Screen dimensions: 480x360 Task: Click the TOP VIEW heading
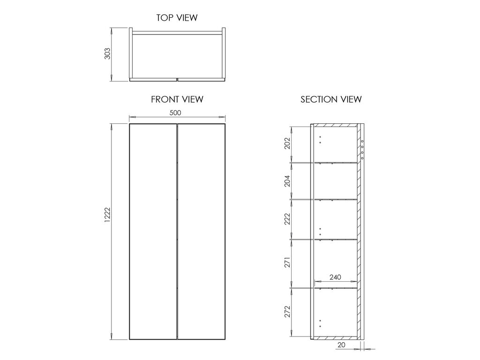pos(177,18)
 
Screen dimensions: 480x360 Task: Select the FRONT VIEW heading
pos(177,99)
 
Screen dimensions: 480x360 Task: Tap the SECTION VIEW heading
pos(331,99)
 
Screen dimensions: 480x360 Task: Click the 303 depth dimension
pos(107,53)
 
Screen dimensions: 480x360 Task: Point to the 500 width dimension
pos(175,112)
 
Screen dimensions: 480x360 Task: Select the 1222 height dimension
pos(107,215)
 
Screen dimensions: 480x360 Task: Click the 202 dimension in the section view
pos(287,143)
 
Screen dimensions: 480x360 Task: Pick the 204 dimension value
pos(287,181)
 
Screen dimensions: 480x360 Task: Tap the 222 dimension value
pos(287,219)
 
